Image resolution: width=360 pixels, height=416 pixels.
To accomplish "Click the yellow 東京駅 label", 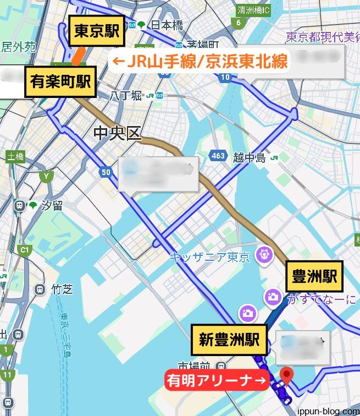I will pyautogui.click(x=97, y=32).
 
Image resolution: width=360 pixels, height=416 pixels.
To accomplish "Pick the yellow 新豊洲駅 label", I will pyautogui.click(x=229, y=340).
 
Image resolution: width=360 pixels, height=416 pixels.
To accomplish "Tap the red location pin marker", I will pyautogui.click(x=286, y=376).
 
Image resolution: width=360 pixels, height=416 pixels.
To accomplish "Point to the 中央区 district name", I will pyautogui.click(x=118, y=133).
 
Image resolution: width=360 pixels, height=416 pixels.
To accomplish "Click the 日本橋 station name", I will pyautogui.click(x=167, y=25).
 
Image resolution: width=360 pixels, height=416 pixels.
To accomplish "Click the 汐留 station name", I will pyautogui.click(x=52, y=206).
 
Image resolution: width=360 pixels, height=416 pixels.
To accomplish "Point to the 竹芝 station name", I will pyautogui.click(x=62, y=288).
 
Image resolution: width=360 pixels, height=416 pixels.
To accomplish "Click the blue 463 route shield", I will pyautogui.click(x=218, y=156).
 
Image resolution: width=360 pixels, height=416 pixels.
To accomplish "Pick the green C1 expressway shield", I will pyautogui.click(x=24, y=250).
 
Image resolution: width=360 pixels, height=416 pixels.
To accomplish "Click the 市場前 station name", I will pyautogui.click(x=194, y=365).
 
